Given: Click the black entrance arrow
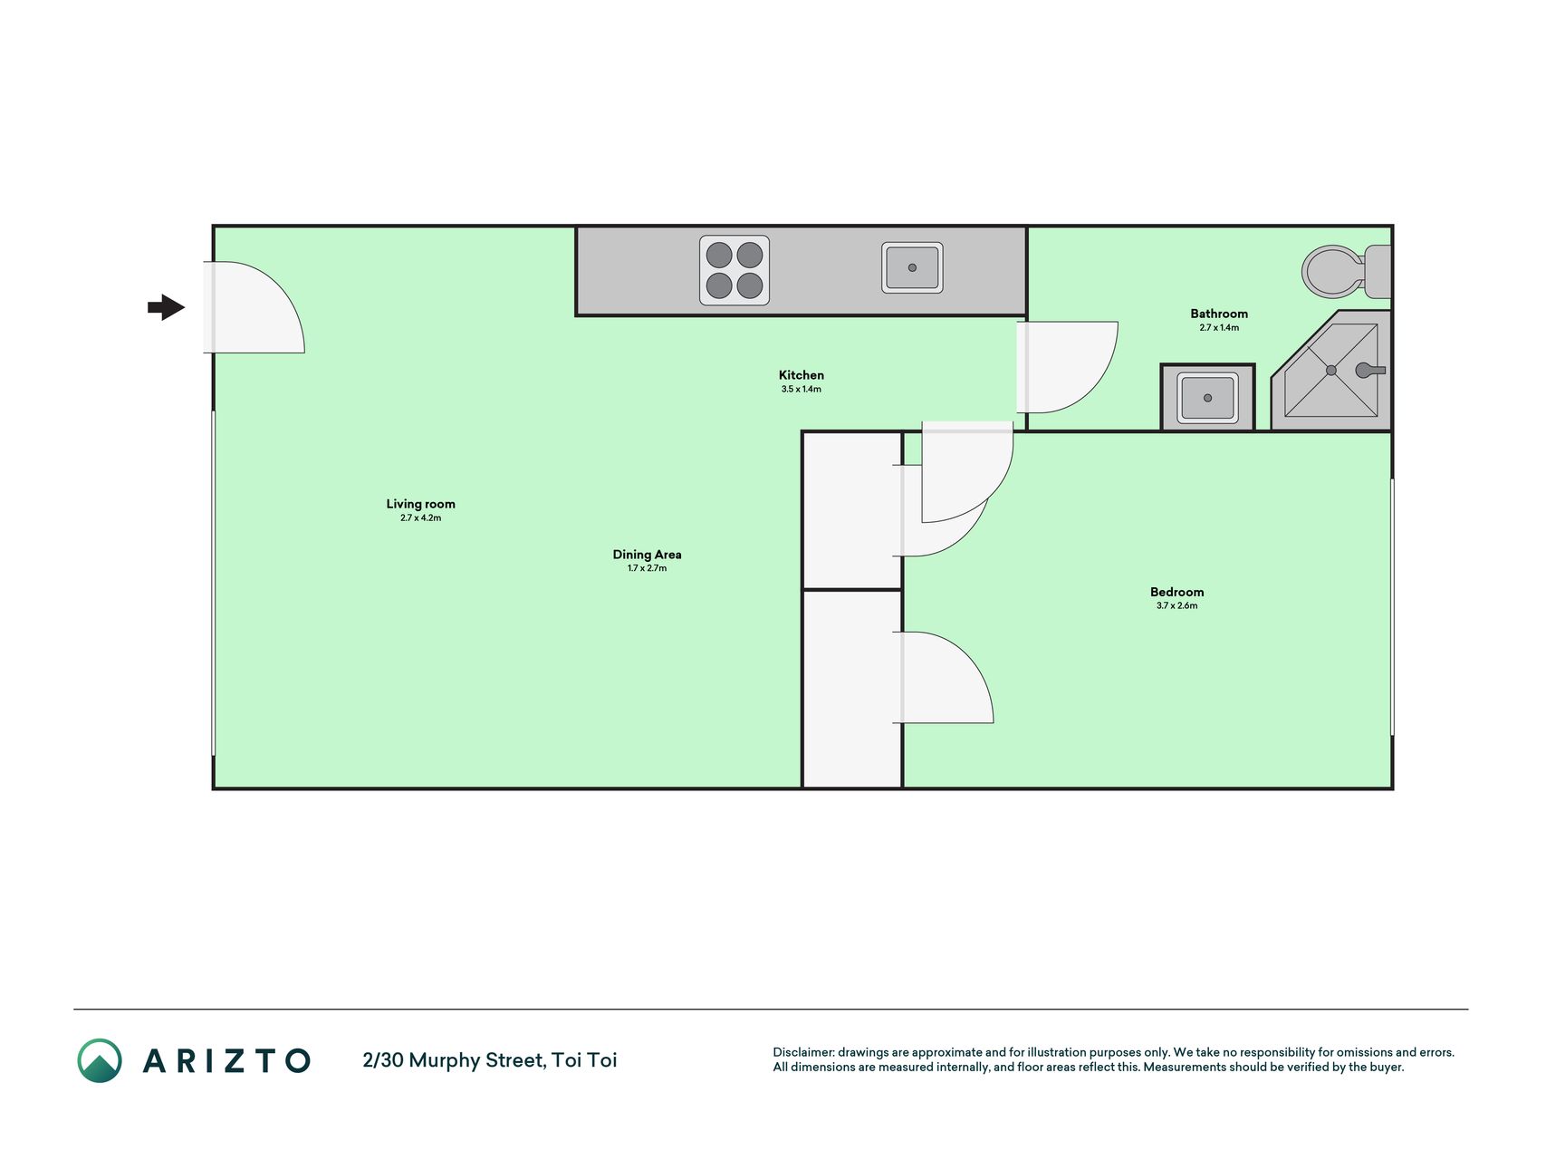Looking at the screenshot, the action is [x=167, y=307].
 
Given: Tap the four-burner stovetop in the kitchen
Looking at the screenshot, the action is [x=735, y=270].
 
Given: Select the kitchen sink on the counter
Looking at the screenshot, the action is [x=912, y=267].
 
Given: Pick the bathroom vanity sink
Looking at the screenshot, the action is [x=1207, y=398].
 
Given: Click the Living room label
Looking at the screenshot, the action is [x=421, y=504].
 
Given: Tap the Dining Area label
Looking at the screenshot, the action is [x=647, y=555].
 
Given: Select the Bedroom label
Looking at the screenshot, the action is [x=1177, y=592].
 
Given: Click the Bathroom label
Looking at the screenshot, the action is [x=1219, y=314].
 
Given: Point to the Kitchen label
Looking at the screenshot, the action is [x=802, y=375].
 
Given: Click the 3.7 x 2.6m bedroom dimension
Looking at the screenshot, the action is [x=1177, y=606].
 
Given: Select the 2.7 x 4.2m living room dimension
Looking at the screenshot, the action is [x=421, y=518].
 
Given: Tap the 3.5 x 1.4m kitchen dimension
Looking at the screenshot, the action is [x=802, y=390].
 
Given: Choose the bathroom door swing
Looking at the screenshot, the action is [x=1068, y=367].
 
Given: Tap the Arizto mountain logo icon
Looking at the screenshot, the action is [x=100, y=1060].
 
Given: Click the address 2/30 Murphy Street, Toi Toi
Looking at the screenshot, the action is [x=490, y=1060].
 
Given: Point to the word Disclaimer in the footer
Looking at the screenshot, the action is [x=802, y=1052].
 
